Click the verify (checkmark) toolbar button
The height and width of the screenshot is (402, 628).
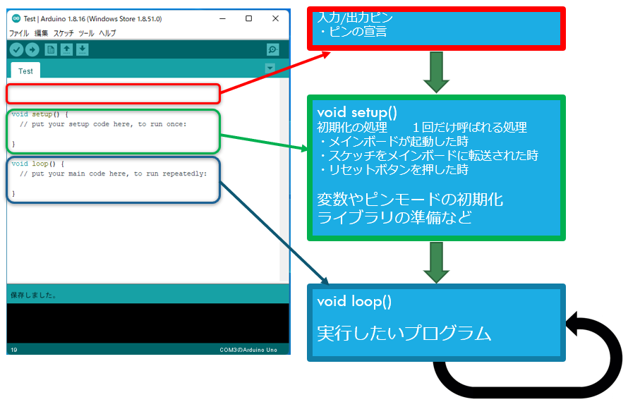coord(16,49)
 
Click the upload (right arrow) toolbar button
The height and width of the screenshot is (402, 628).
coord(32,49)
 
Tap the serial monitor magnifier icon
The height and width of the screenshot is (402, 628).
coord(273,49)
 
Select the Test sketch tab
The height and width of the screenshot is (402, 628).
coord(25,71)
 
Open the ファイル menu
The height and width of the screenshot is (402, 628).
coord(19,33)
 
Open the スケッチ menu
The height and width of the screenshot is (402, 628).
coord(64,33)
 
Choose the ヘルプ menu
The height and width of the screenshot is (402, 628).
coord(107,33)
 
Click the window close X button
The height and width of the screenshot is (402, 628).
coord(275,19)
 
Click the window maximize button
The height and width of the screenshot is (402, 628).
coord(248,19)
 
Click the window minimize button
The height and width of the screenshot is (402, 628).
coord(222,19)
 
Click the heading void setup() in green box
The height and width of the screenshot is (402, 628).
coord(357,112)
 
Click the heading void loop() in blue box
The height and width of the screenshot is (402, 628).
coord(354,301)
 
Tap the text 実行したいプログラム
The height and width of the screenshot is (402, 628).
coord(404,333)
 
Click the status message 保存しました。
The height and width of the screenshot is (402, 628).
coord(34,294)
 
